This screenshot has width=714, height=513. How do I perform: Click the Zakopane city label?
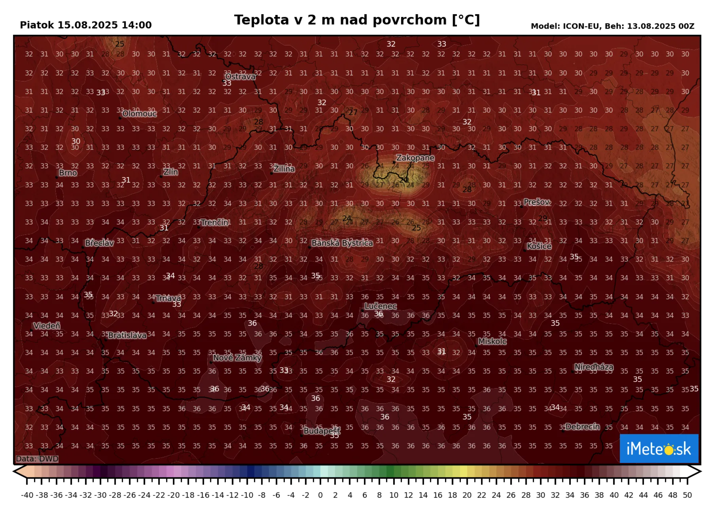pyautogui.click(x=415, y=158)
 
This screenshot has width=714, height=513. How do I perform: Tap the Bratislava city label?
pyautogui.click(x=127, y=336)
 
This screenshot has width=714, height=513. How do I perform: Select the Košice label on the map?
pyautogui.click(x=539, y=246)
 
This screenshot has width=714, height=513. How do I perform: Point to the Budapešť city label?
pyautogui.click(x=322, y=431)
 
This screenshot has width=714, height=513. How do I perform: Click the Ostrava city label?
pyautogui.click(x=240, y=77)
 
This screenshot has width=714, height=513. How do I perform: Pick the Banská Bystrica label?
pyautogui.click(x=342, y=243)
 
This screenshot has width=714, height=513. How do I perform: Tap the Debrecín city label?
pyautogui.click(x=582, y=427)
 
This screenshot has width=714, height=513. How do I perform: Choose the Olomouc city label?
pyautogui.click(x=139, y=114)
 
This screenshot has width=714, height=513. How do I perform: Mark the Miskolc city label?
pyautogui.click(x=492, y=341)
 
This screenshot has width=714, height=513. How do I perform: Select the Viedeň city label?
pyautogui.click(x=47, y=326)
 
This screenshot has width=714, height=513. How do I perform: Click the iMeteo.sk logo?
pyautogui.click(x=659, y=448)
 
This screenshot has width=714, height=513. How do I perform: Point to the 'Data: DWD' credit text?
pyautogui.click(x=37, y=459)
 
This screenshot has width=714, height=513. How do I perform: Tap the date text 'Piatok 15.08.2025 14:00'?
pyautogui.click(x=86, y=25)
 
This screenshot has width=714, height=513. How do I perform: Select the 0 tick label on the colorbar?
pyautogui.click(x=320, y=495)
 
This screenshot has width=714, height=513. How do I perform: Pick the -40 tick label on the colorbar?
pyautogui.click(x=27, y=495)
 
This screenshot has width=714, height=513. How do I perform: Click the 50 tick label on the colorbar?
pyautogui.click(x=687, y=495)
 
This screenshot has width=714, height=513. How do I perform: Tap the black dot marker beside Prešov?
pyautogui.click(x=522, y=207)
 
